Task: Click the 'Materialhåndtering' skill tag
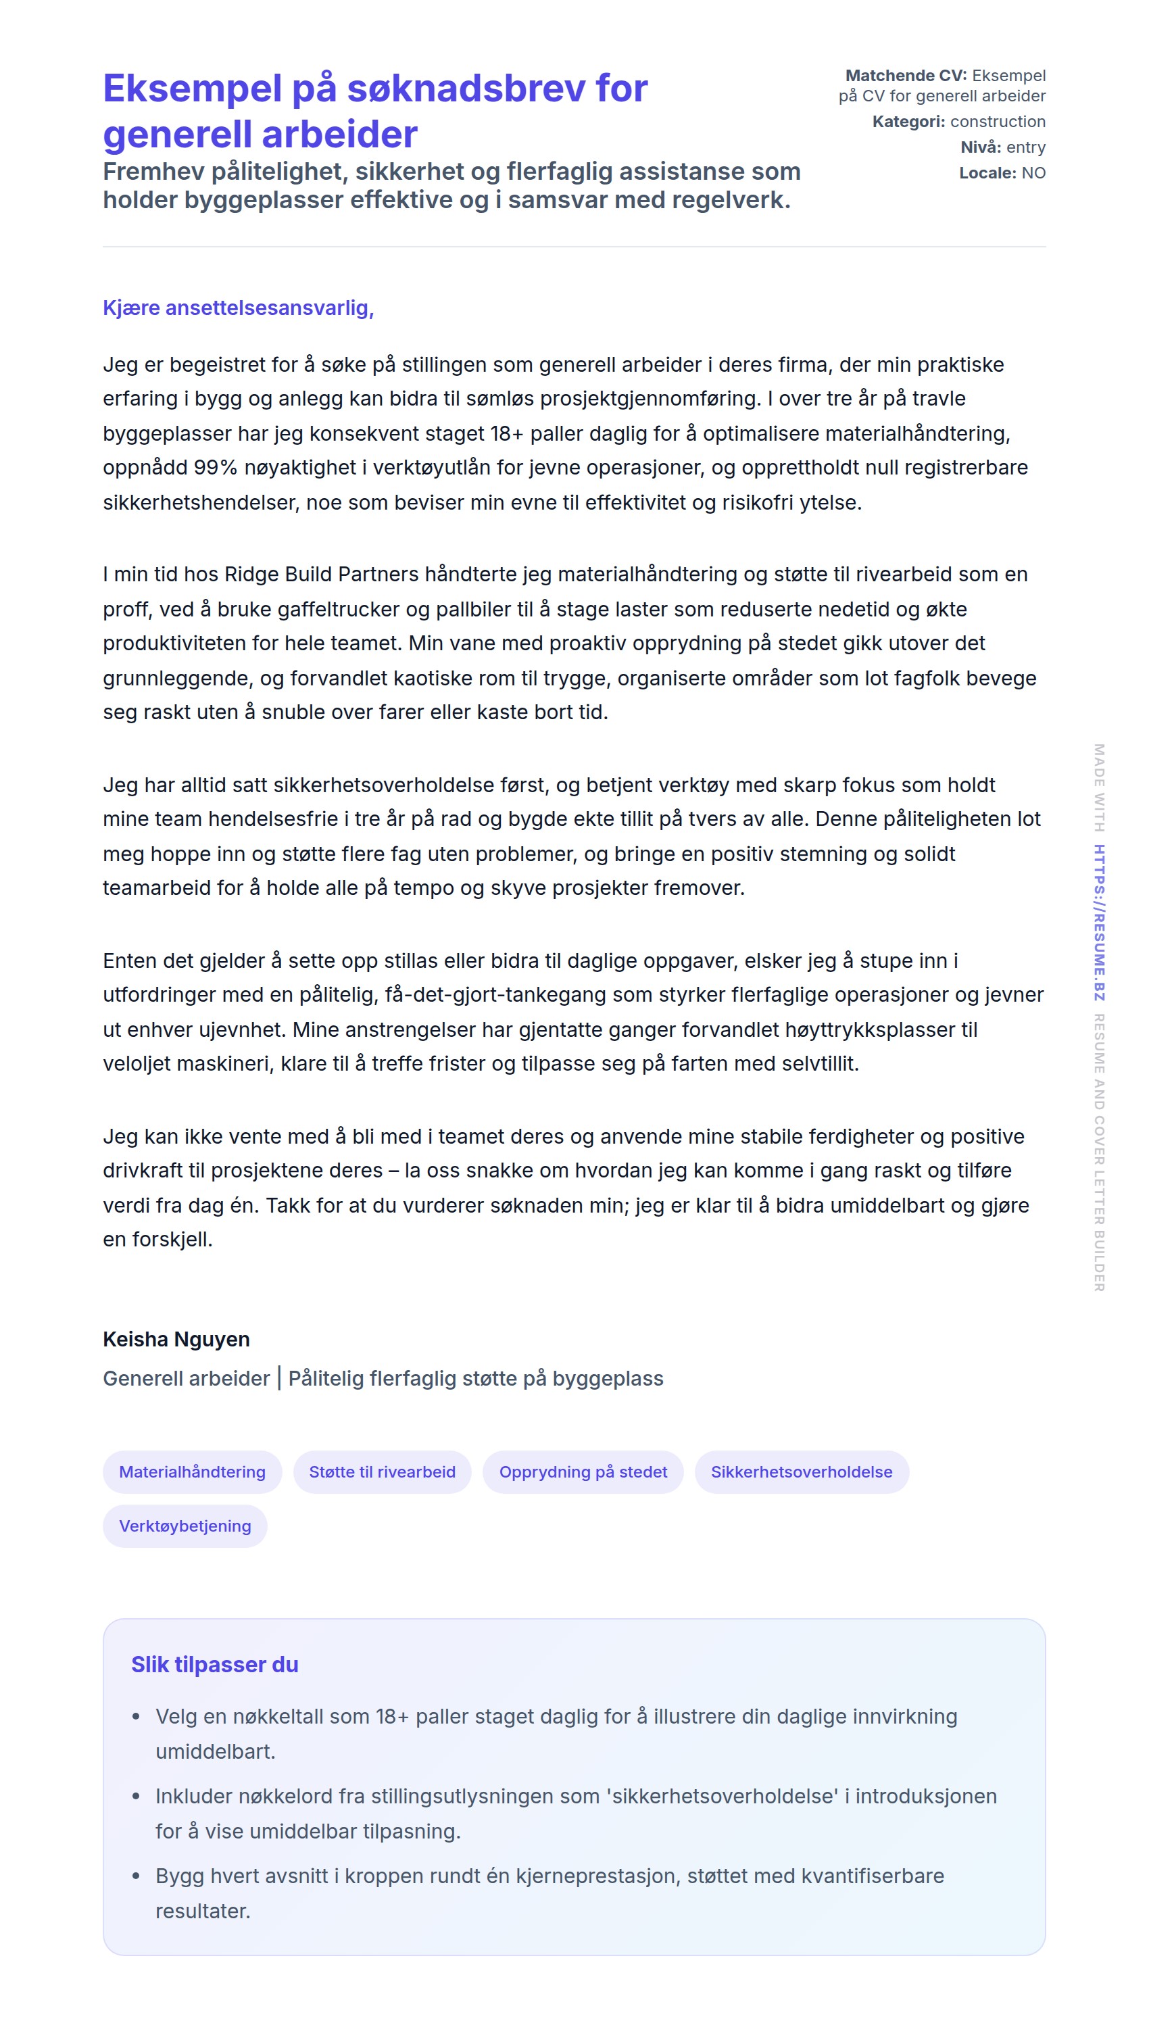click(x=192, y=1471)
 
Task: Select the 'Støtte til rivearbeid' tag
click(x=382, y=1471)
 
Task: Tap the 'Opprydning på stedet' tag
click(x=583, y=1471)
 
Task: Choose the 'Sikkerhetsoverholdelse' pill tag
click(x=801, y=1471)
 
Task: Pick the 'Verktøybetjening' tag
click(x=185, y=1526)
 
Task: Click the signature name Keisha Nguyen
click(x=176, y=1339)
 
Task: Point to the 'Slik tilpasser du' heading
click(x=215, y=1664)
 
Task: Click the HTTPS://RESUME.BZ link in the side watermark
click(x=1098, y=922)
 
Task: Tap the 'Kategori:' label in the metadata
click(x=908, y=122)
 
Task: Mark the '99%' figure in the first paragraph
click(x=216, y=468)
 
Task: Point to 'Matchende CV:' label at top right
click(x=905, y=76)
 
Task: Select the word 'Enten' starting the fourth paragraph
click(x=128, y=961)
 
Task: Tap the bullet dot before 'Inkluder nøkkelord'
click(x=137, y=1796)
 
